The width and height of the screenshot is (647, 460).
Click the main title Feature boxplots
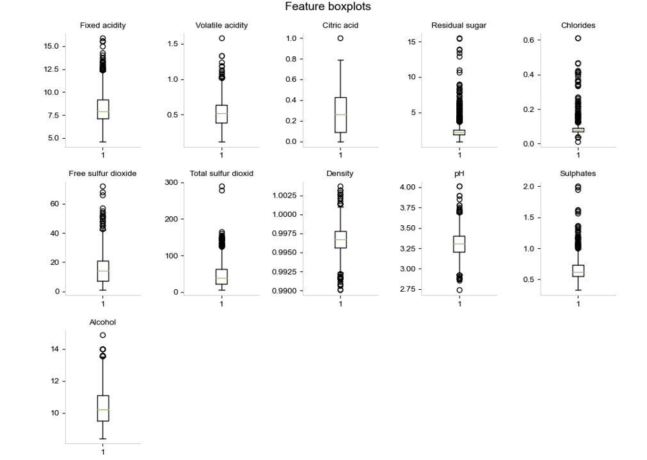click(x=327, y=7)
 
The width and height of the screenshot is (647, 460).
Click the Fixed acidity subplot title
click(x=102, y=26)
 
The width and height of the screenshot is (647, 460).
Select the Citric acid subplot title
click(x=340, y=26)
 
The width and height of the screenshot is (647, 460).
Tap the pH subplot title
click(x=459, y=173)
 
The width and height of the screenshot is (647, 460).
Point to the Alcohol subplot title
click(x=102, y=322)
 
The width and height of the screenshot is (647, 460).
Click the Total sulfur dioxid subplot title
click(x=221, y=173)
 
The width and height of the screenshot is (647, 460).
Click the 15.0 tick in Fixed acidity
click(x=52, y=47)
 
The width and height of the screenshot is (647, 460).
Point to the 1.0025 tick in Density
click(x=285, y=195)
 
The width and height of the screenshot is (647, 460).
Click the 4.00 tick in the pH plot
click(x=407, y=187)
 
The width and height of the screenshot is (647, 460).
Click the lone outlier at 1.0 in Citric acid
click(x=340, y=38)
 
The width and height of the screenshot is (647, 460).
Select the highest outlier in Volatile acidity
click(x=221, y=38)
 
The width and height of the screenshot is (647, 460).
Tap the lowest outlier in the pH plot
click(x=459, y=290)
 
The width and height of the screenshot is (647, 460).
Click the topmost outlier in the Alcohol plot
click(x=102, y=335)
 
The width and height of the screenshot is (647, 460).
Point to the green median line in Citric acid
click(x=340, y=115)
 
